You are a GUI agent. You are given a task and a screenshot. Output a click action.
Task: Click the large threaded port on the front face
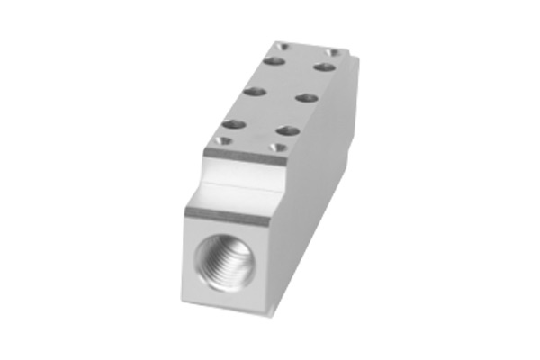[x=226, y=261]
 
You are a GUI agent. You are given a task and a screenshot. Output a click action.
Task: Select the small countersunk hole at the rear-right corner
[x=334, y=53]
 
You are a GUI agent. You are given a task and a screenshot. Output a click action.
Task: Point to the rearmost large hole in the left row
[x=274, y=62]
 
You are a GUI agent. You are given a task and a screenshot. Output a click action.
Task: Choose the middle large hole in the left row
[x=255, y=92]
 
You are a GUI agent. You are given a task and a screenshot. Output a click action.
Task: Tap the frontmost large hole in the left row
[x=234, y=124]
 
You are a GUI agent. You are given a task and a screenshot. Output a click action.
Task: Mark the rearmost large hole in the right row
[x=325, y=67]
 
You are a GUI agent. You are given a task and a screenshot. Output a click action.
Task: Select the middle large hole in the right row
[x=307, y=97]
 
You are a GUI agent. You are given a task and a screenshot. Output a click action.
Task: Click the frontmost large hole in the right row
[x=288, y=130]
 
